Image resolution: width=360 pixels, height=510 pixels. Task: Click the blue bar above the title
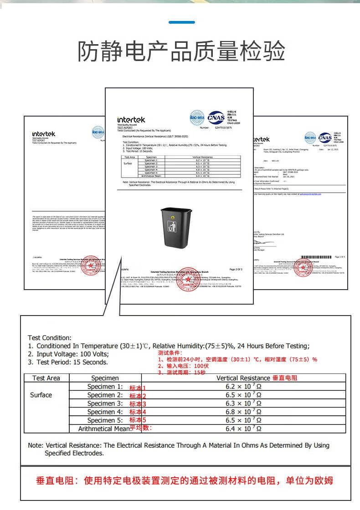point(181,22)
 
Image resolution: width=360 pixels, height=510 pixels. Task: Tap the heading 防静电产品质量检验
point(181,51)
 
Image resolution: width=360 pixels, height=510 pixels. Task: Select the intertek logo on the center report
point(131,120)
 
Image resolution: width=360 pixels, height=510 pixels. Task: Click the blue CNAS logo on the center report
point(216,117)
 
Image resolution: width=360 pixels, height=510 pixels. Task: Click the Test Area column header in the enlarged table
point(46,378)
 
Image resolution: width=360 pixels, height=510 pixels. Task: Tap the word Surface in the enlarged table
point(41,395)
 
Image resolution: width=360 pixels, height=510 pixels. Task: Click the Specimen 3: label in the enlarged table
point(105,403)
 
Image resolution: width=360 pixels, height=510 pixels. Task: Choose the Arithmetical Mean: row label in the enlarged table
point(104,428)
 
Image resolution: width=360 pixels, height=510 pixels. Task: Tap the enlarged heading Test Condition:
point(50,338)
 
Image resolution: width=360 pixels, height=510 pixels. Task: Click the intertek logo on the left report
point(44,134)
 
